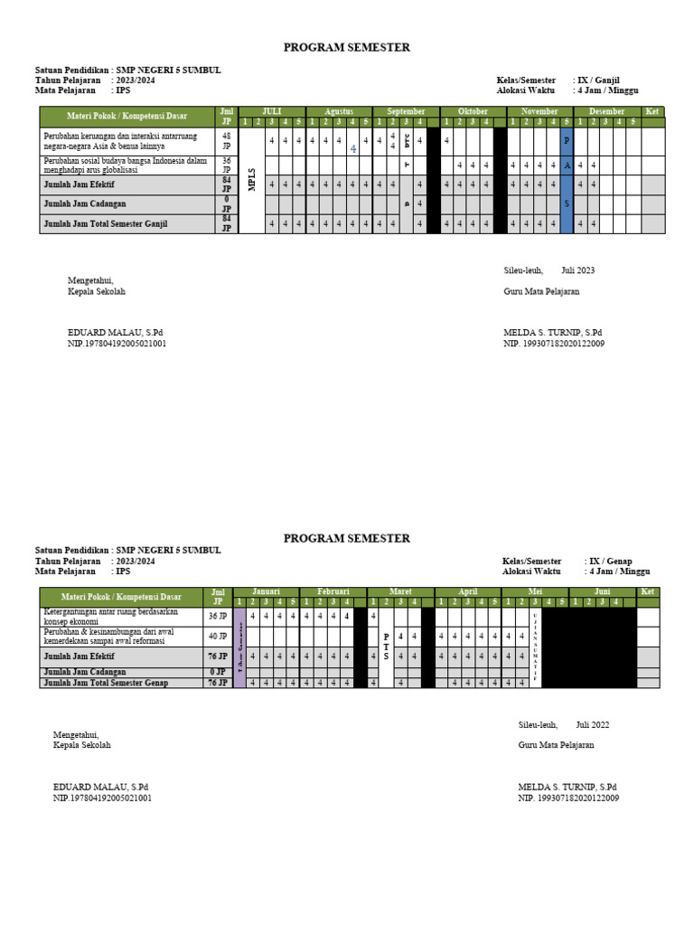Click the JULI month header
(271, 111)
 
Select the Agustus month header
(338, 111)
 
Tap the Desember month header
(606, 111)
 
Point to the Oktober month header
(473, 111)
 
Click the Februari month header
(333, 591)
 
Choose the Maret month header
(400, 591)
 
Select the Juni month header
(602, 591)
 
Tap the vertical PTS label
(387, 646)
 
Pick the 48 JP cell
(227, 140)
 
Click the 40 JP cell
(218, 636)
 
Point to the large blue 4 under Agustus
(353, 148)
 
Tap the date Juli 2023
(577, 270)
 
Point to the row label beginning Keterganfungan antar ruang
(110, 616)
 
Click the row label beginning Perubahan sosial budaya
(125, 165)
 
